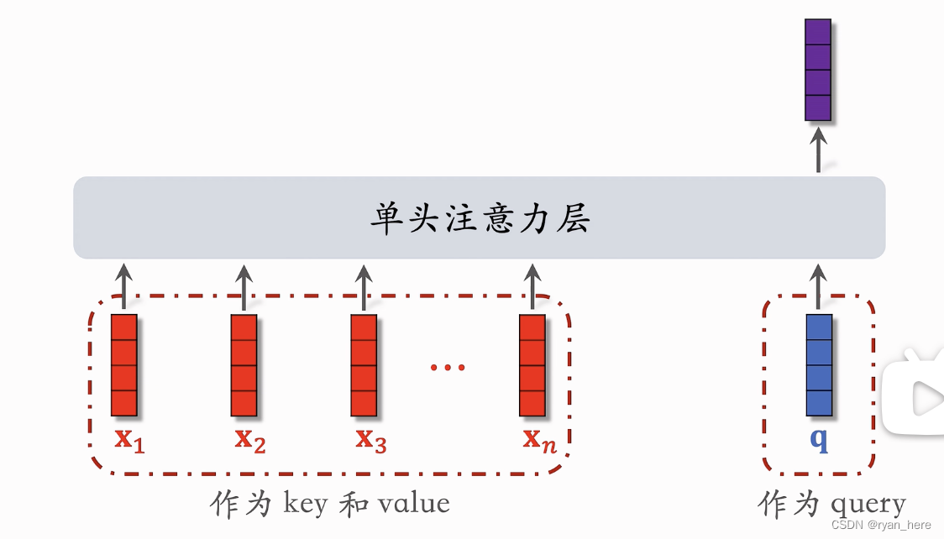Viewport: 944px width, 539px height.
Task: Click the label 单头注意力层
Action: pos(480,219)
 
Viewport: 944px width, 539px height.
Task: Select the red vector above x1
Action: pos(123,365)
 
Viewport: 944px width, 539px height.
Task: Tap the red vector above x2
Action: pos(244,365)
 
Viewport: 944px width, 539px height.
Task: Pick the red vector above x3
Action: pos(364,365)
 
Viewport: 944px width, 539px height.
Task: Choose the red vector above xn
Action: pos(532,365)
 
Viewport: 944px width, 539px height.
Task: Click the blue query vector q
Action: pos(819,365)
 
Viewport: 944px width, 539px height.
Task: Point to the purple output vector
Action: pos(818,70)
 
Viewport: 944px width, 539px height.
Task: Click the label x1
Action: pos(129,439)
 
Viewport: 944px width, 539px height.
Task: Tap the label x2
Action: pos(249,439)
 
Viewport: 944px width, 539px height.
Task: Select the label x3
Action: pos(370,439)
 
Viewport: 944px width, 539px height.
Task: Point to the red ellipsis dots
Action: pos(448,367)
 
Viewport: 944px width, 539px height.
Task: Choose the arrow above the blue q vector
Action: pos(819,285)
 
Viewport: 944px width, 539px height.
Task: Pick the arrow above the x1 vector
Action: pos(123,285)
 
